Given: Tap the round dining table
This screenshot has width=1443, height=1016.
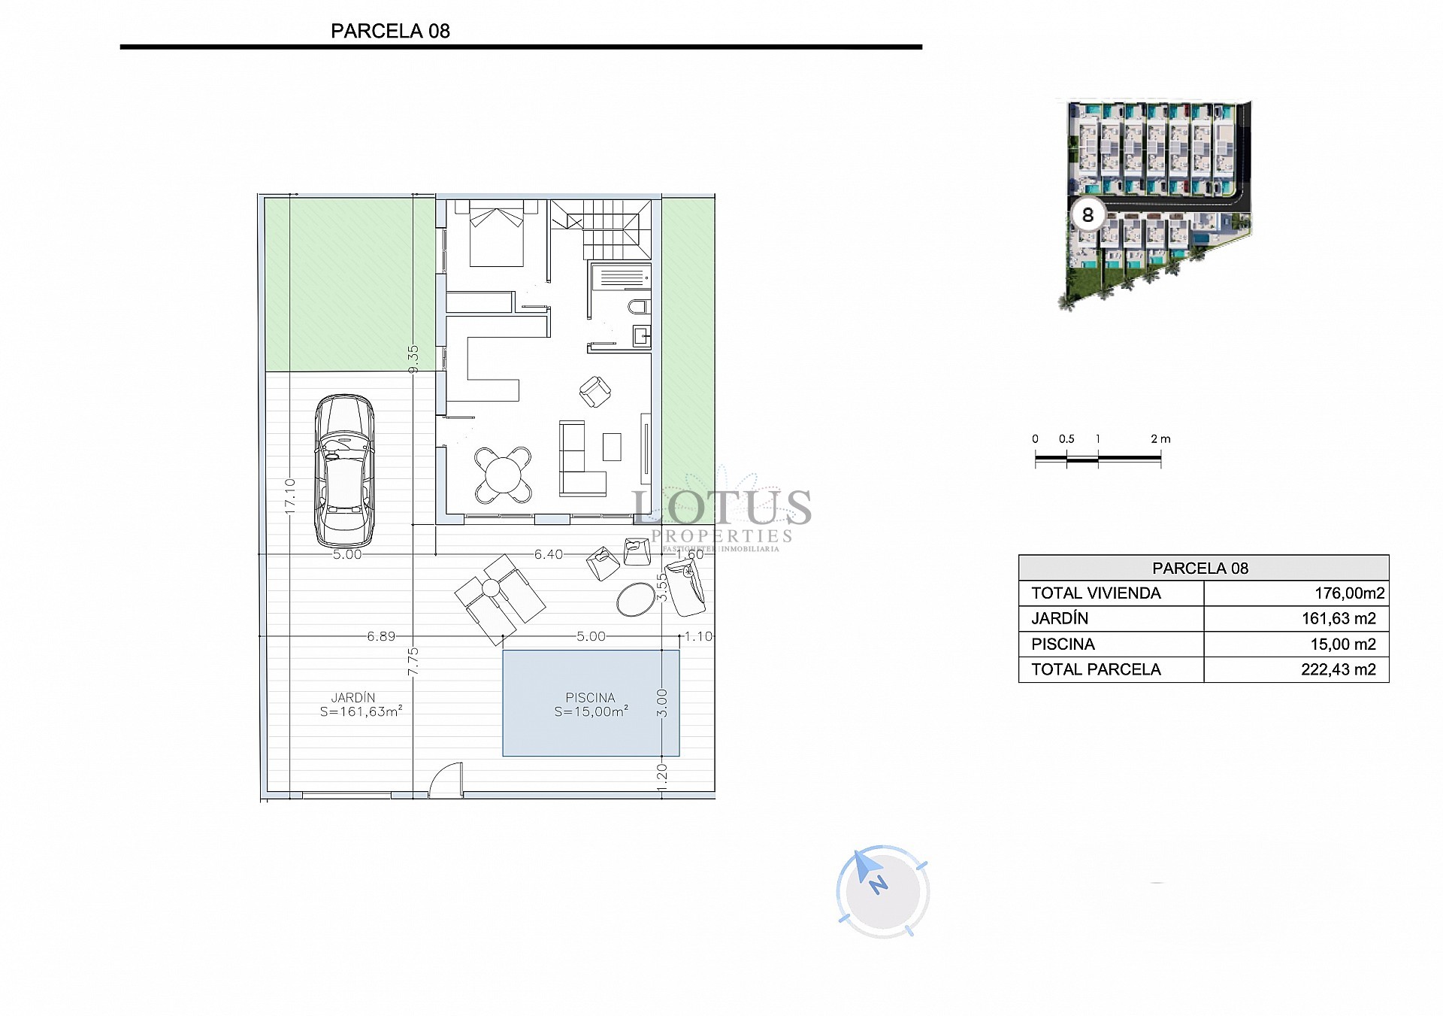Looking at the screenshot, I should (504, 475).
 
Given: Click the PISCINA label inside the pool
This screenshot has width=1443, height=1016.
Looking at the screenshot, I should (590, 698).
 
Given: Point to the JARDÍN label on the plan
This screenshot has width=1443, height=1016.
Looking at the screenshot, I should (352, 698).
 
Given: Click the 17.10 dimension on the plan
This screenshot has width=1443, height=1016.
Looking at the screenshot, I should (290, 497).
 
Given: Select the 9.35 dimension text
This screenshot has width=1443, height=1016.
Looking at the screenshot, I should (413, 359).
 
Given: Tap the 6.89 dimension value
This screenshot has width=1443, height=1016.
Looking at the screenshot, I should (381, 636).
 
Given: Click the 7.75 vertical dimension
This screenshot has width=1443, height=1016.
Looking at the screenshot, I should (413, 661).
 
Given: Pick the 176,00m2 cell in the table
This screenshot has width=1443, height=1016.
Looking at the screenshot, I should (1349, 593).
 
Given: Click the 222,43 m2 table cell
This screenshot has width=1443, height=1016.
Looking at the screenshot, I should (1338, 669).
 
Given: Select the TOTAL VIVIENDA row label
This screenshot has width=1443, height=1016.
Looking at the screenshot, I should (1096, 593).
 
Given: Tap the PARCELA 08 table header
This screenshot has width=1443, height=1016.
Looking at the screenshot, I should (1200, 569).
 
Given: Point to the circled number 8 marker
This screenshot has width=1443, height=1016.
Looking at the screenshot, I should (1088, 216).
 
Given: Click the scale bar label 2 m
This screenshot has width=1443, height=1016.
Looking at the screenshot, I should (1160, 438).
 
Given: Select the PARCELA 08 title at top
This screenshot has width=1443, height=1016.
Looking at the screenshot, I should (390, 31).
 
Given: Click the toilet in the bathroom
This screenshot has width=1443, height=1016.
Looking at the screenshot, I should (639, 307).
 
